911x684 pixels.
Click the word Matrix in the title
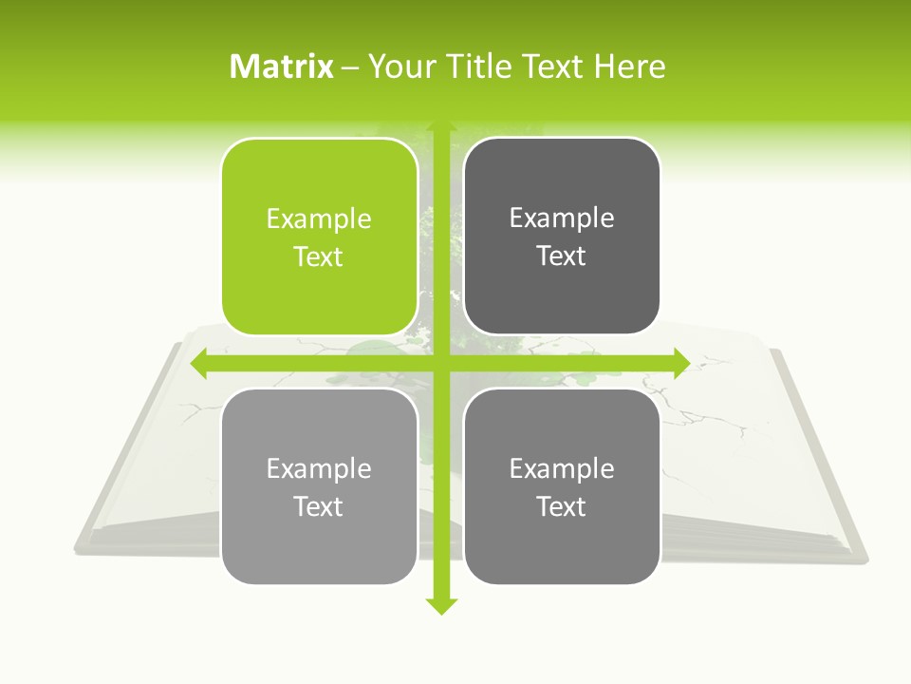282,66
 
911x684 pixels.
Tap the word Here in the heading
629,66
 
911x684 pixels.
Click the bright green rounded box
319,237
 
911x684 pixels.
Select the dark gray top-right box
562,237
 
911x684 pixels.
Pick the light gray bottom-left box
319,486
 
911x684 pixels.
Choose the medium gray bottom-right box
562,486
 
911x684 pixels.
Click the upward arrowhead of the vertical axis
441,127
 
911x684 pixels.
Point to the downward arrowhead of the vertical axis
441,606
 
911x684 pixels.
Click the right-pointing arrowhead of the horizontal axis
681,363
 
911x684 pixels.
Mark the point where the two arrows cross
441,363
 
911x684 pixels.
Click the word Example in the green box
319,219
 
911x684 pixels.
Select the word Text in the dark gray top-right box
562,256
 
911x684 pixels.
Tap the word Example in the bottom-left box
319,468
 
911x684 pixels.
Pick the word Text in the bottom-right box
562,506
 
